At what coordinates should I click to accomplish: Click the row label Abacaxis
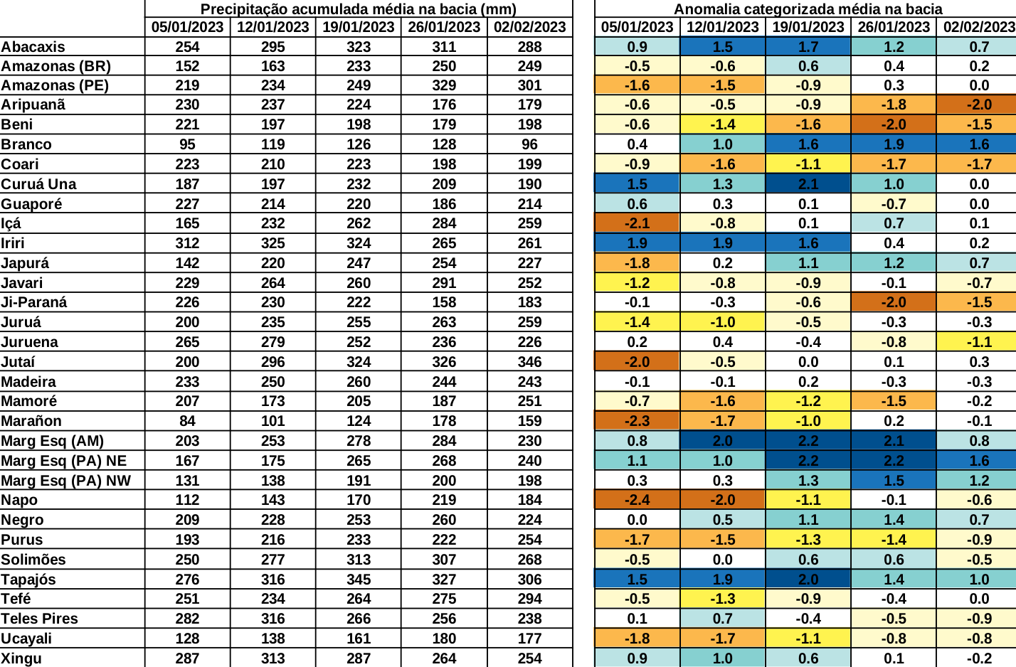(x=33, y=47)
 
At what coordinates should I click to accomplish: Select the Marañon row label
(x=31, y=421)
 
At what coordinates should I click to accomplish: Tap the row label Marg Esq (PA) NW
(x=66, y=481)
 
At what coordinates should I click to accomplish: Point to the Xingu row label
(x=21, y=658)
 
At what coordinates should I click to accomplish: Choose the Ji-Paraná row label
(x=34, y=302)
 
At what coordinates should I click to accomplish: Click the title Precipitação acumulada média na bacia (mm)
(x=359, y=9)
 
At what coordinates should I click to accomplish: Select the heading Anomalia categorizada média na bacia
(x=808, y=9)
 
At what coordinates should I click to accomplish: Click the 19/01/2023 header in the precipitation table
(x=359, y=27)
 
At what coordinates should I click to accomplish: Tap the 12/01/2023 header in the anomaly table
(x=723, y=27)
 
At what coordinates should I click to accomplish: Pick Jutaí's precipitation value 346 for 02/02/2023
(x=529, y=362)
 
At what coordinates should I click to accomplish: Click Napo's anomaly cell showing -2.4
(x=637, y=500)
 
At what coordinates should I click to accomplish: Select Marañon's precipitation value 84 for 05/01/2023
(x=187, y=421)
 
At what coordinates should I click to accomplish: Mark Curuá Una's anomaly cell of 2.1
(x=808, y=184)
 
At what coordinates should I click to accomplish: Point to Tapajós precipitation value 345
(x=359, y=580)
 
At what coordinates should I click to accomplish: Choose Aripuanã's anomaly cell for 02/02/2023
(x=979, y=105)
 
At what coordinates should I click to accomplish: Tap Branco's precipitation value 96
(x=529, y=144)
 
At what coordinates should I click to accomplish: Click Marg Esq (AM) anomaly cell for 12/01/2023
(x=723, y=441)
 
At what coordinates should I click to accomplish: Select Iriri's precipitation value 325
(x=273, y=243)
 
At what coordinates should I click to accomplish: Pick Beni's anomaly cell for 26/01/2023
(x=894, y=124)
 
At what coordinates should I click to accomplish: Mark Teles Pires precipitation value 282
(x=187, y=619)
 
